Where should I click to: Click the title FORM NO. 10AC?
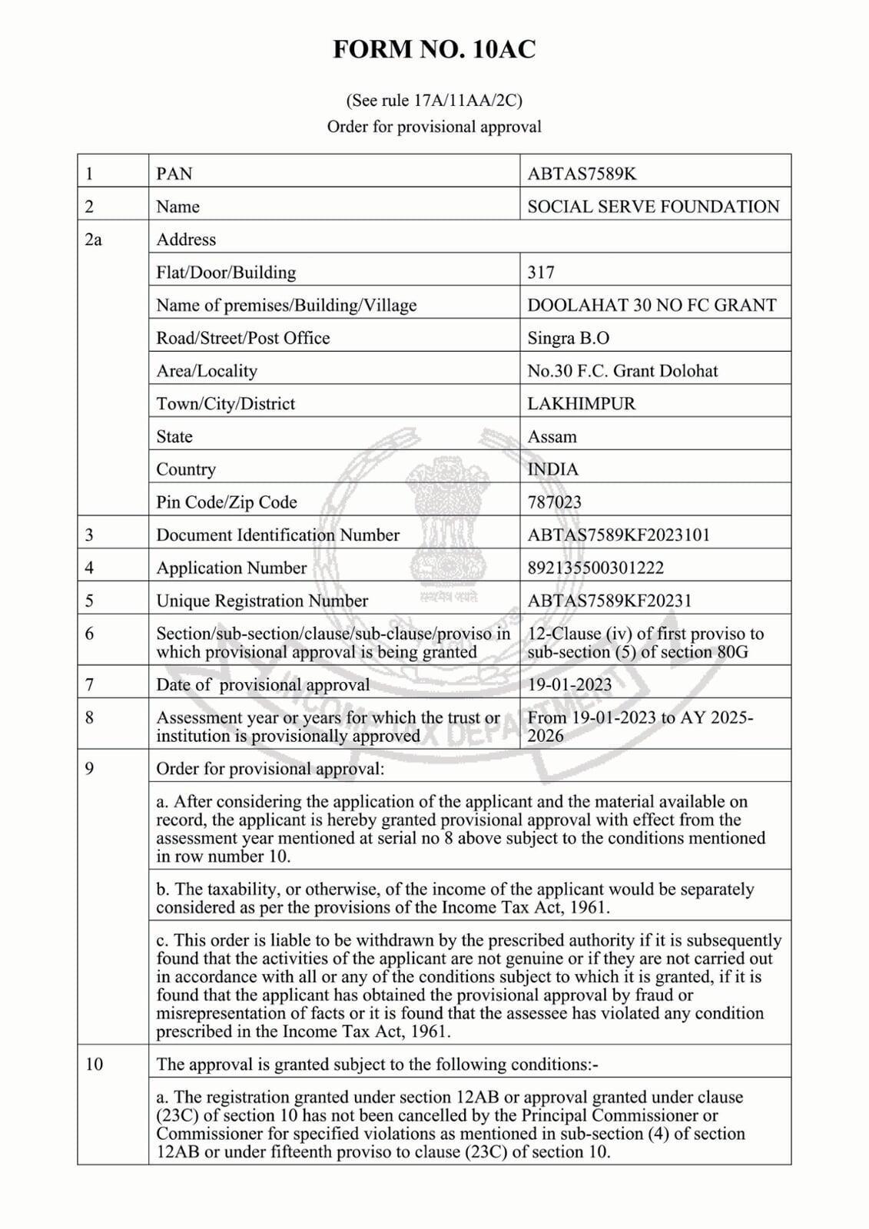[x=434, y=50]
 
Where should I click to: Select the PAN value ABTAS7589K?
[x=582, y=174]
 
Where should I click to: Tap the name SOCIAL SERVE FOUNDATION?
[x=653, y=207]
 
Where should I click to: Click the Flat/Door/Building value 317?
[x=541, y=272]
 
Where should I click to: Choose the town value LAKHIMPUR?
[x=581, y=403]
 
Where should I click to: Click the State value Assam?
[x=552, y=436]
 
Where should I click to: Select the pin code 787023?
[x=554, y=502]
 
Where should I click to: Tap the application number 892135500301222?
[x=595, y=568]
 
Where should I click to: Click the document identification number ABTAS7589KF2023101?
[x=619, y=535]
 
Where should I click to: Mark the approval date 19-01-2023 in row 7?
[x=569, y=684]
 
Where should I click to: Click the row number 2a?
[x=93, y=240]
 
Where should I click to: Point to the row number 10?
[x=94, y=1065]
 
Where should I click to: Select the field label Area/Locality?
[x=207, y=371]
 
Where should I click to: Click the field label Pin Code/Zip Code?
[x=227, y=502]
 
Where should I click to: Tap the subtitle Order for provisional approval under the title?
[x=434, y=127]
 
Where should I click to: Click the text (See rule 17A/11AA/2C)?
[x=434, y=101]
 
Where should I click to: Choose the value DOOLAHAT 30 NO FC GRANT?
[x=652, y=305]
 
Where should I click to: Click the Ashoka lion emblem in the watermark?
[x=439, y=522]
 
